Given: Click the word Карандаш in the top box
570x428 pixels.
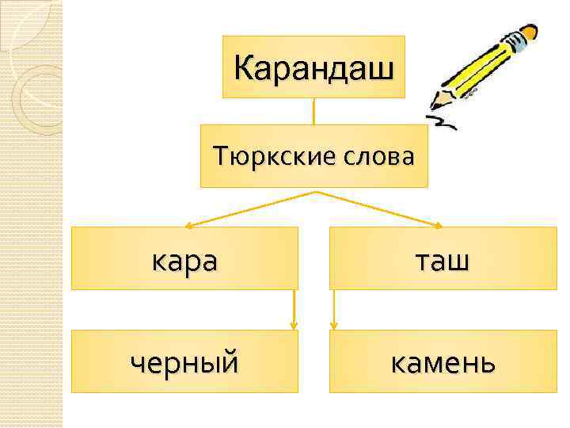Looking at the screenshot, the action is [313, 67].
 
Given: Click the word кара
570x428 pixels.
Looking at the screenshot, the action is [184, 258].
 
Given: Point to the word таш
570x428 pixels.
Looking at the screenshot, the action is [443, 258].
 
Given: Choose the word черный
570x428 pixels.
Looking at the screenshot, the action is [184, 362].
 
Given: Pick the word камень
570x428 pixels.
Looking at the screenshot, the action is [443, 362].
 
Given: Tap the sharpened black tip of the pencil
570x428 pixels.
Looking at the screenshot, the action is [434, 105].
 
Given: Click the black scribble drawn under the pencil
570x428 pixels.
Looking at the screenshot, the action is [449, 119].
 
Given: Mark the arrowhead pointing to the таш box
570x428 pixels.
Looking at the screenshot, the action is [438, 225].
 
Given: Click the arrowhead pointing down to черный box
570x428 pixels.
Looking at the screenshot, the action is [294, 325].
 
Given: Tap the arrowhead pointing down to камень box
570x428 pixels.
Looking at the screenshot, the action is [334, 325].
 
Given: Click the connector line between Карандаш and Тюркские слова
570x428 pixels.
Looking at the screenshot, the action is [314, 111].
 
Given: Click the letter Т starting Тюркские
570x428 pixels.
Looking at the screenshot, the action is [219, 156].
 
